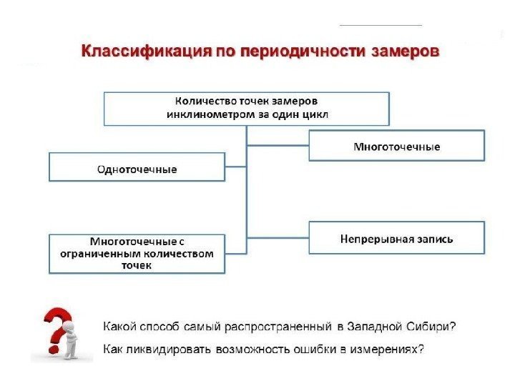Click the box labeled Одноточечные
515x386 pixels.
pyautogui.click(x=137, y=169)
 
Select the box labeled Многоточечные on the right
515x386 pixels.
pyautogui.click(x=396, y=146)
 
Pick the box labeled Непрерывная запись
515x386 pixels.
pyautogui.click(x=396, y=238)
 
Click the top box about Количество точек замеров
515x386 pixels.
pyautogui.click(x=247, y=107)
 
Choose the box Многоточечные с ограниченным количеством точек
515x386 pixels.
pyautogui.click(x=137, y=253)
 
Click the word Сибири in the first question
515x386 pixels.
pyautogui.click(x=434, y=327)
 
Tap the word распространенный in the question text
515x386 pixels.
pyautogui.click(x=279, y=327)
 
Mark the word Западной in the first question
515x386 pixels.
pyautogui.click(x=375, y=327)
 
